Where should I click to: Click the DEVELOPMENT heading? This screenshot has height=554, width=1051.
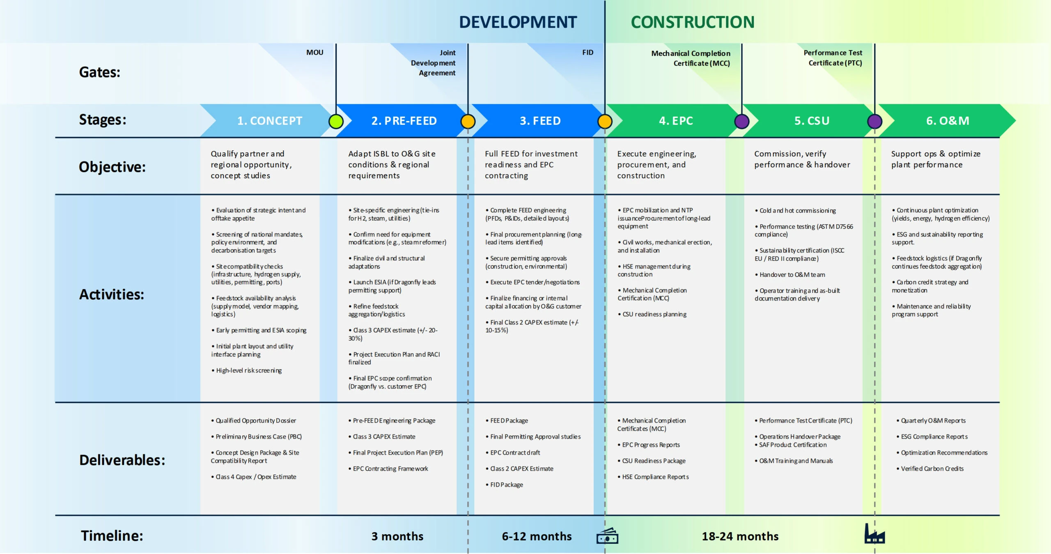click(x=518, y=22)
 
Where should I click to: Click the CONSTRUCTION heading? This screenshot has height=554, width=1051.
click(x=693, y=22)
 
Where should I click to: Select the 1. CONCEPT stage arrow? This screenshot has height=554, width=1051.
click(x=269, y=121)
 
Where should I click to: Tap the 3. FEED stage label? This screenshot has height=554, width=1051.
click(x=540, y=121)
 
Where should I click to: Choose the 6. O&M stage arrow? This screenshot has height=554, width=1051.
click(x=948, y=121)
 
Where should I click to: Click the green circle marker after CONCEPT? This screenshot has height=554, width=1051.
click(x=336, y=122)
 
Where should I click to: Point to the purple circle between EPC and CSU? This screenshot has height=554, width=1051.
click(x=741, y=122)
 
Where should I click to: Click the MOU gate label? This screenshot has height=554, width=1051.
click(x=315, y=53)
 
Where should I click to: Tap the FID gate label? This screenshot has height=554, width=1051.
click(x=587, y=53)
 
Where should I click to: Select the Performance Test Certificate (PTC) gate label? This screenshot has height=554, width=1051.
click(x=833, y=58)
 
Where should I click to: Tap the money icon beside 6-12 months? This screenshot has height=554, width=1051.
click(x=607, y=536)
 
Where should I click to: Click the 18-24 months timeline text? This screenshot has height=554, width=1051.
click(x=740, y=536)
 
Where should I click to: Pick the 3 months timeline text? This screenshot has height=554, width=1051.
click(x=397, y=536)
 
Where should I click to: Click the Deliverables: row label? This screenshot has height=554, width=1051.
click(x=122, y=460)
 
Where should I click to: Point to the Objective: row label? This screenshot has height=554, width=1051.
click(x=112, y=167)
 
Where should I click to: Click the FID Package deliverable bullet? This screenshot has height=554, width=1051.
click(x=506, y=485)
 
